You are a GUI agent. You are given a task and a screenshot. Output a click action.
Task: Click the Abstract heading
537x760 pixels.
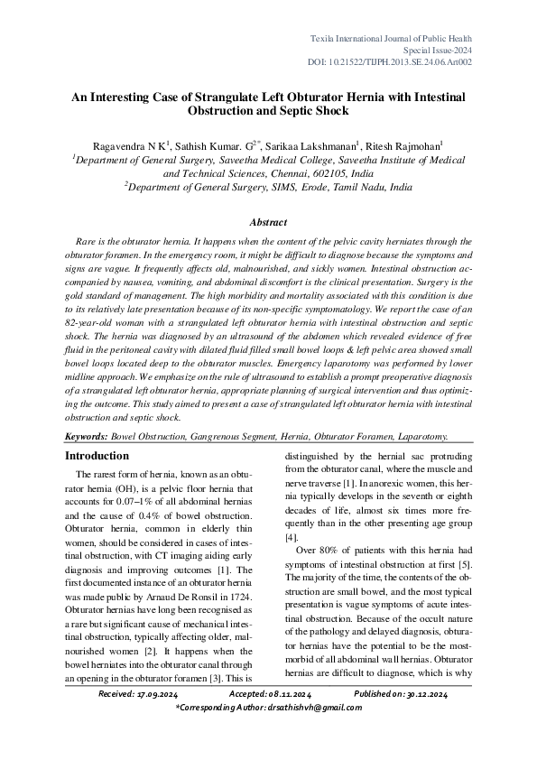point(268,222)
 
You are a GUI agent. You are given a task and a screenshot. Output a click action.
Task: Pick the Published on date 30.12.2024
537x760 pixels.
point(419,694)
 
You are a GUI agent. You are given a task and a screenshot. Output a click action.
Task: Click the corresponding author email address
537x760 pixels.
point(310,709)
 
